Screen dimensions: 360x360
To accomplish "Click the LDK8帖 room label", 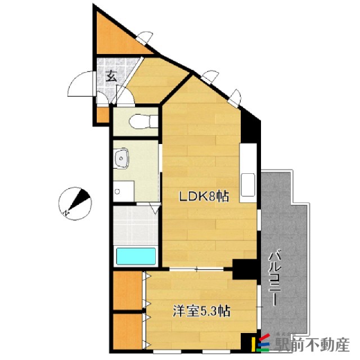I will [204, 197].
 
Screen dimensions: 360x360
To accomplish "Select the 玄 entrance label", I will [111, 76].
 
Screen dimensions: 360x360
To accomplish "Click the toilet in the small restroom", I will [138, 121].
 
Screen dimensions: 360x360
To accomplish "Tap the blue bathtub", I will [136, 256].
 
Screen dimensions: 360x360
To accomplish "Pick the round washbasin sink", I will [121, 160].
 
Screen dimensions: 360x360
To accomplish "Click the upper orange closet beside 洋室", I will [127, 290].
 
